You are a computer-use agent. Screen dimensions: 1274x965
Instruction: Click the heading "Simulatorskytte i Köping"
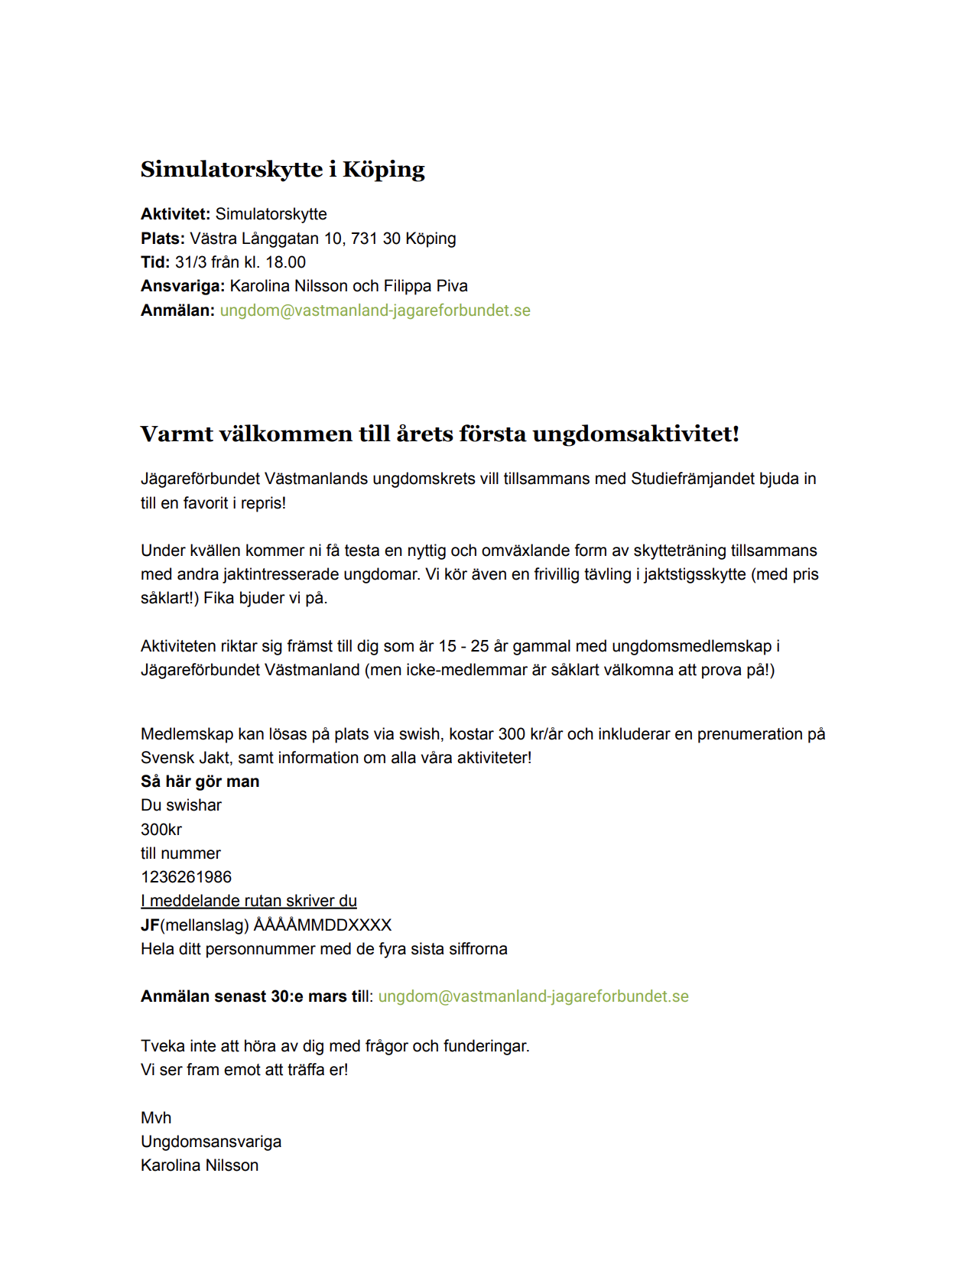click(x=282, y=169)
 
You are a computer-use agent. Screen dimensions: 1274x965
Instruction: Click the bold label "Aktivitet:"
click(x=175, y=214)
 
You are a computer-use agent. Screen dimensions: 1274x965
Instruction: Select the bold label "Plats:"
click(x=162, y=239)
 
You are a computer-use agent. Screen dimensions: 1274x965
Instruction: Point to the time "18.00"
click(x=285, y=262)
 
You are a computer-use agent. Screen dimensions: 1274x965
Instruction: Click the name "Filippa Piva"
click(x=425, y=286)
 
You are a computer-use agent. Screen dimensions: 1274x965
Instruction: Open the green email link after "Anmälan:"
click(x=375, y=310)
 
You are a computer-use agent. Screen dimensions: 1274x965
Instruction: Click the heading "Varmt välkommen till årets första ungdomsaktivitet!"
click(x=440, y=434)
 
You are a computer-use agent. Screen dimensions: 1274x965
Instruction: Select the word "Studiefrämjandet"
click(x=694, y=479)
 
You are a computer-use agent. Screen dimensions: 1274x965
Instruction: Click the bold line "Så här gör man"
click(x=200, y=782)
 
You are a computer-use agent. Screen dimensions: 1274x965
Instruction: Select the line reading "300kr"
click(x=161, y=830)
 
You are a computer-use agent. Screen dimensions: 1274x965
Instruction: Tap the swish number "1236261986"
click(x=186, y=877)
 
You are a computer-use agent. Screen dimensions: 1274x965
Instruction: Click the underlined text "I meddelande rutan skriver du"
click(x=249, y=901)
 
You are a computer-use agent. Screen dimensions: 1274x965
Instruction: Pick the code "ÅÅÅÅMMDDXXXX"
click(x=322, y=925)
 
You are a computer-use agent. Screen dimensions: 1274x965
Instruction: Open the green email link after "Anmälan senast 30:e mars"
click(x=533, y=996)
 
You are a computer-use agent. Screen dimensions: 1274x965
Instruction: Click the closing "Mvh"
click(x=156, y=1118)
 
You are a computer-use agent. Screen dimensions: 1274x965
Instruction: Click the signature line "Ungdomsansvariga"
click(x=211, y=1142)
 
